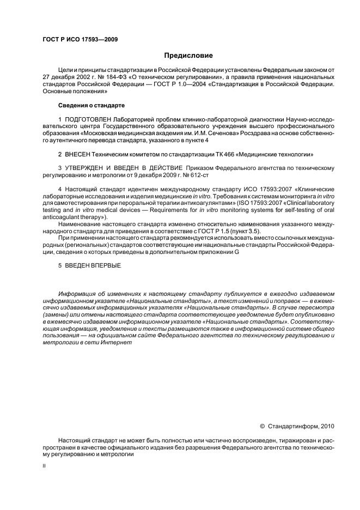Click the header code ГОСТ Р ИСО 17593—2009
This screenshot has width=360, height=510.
(80, 39)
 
